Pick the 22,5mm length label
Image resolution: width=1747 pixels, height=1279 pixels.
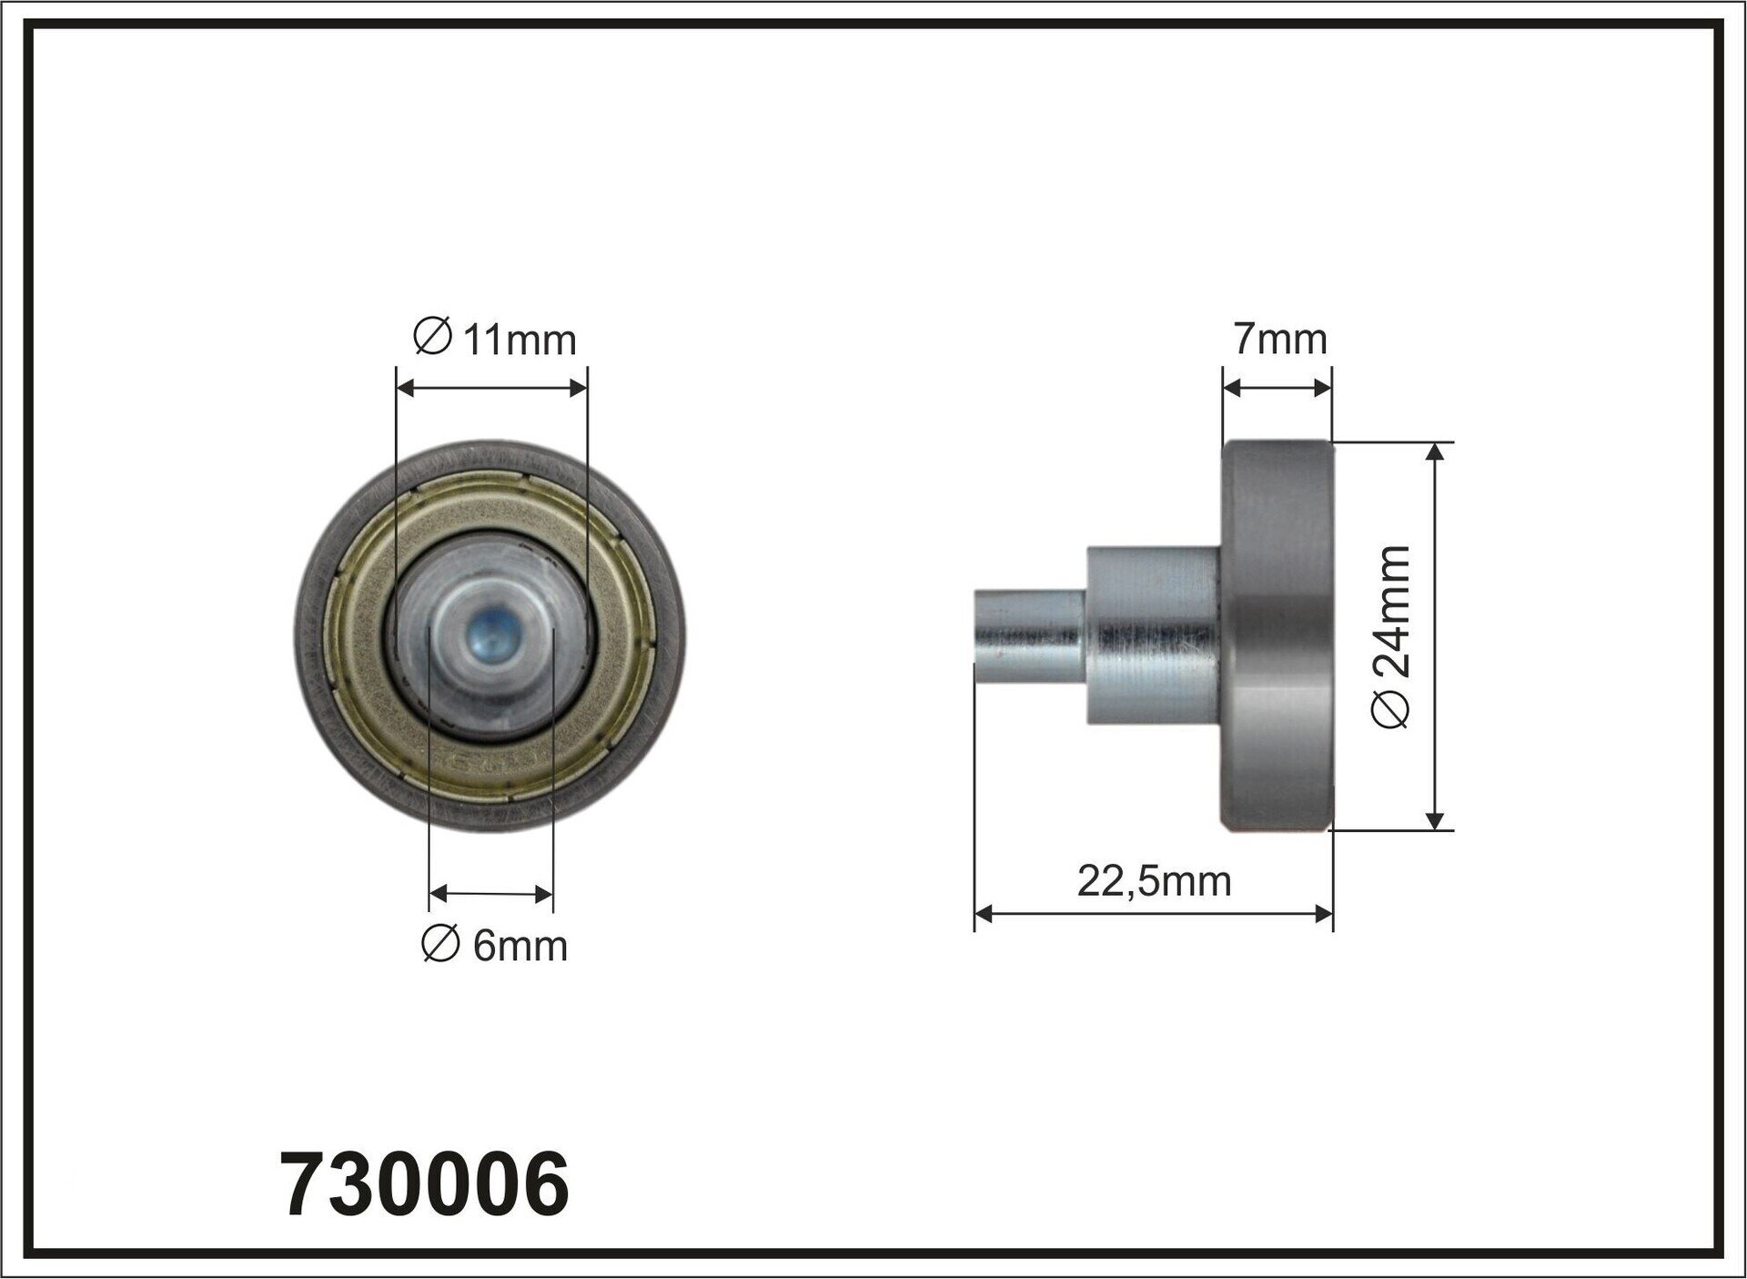pyautogui.click(x=1154, y=881)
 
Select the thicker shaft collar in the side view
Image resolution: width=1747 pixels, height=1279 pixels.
pyautogui.click(x=1153, y=634)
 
